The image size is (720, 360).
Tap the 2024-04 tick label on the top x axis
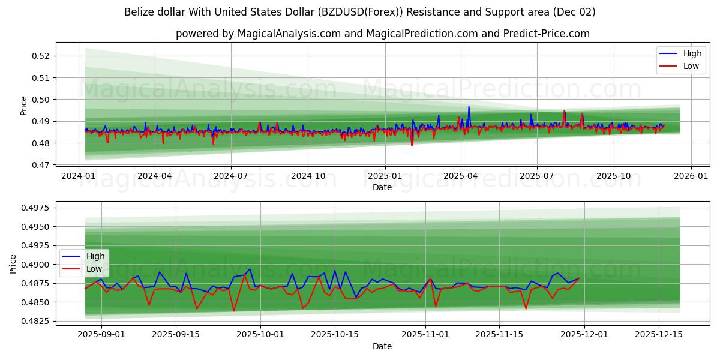[155, 176]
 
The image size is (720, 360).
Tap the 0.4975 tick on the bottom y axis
[37, 208]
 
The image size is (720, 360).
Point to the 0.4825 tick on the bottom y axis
[37, 321]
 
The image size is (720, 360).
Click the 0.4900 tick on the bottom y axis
[37, 265]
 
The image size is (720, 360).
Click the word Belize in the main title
[139, 12]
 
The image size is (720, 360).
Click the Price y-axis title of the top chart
[23, 105]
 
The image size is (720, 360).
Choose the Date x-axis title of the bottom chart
[382, 346]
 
